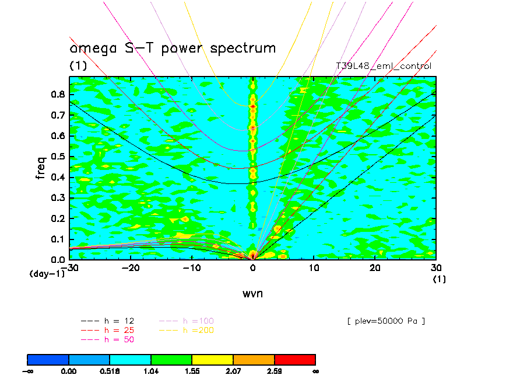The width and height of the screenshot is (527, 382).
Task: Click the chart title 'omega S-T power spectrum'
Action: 173,48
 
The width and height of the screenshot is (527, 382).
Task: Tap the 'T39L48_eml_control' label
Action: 384,66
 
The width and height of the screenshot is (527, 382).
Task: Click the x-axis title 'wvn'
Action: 252,293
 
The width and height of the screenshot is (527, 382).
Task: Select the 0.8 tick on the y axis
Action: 57,94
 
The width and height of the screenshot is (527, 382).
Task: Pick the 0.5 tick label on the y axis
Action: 57,157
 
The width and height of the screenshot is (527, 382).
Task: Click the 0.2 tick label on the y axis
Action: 57,218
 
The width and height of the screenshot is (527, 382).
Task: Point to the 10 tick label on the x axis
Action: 314,268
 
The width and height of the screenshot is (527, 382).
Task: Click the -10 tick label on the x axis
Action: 192,268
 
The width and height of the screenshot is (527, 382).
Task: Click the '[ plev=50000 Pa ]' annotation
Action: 385,321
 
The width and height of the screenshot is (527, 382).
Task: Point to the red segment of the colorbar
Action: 294,359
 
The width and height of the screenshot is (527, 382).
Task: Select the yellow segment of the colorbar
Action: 212,359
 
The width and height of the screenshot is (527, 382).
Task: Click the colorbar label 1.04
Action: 151,370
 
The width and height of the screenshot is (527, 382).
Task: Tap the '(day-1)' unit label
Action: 47,273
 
